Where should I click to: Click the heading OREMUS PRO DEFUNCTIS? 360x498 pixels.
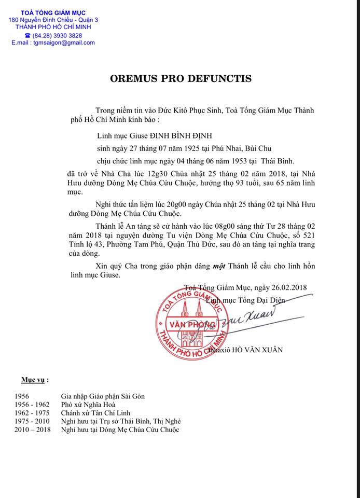point(181,79)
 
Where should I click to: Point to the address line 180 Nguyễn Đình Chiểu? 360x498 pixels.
point(52,19)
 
